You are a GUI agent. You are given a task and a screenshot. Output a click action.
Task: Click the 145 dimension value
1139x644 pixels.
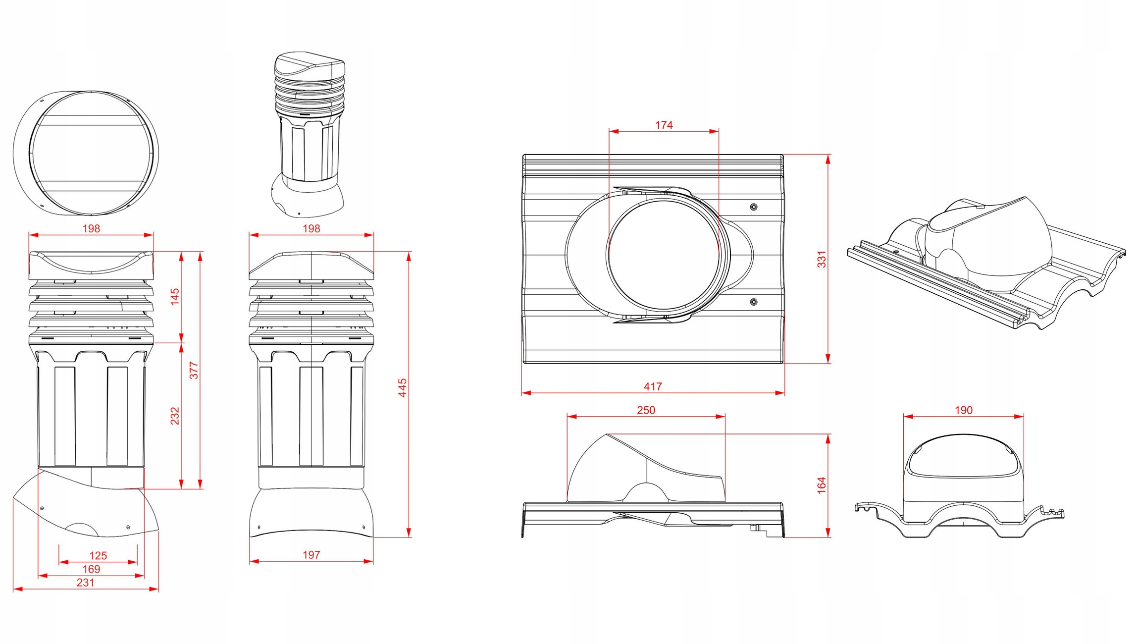click(x=175, y=296)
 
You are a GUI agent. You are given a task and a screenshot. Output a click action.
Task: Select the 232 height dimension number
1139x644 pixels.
click(x=175, y=416)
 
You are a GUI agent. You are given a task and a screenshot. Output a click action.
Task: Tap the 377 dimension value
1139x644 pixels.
click(x=194, y=371)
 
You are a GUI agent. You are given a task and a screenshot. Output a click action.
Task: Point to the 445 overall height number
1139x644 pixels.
click(x=403, y=387)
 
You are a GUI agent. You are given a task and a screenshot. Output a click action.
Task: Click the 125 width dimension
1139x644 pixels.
click(x=98, y=556)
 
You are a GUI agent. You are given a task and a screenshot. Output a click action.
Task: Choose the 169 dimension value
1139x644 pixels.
click(x=91, y=569)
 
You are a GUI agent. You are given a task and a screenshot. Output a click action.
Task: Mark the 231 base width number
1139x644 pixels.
click(x=85, y=583)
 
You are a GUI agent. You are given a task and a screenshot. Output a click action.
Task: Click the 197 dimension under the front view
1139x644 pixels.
click(x=311, y=555)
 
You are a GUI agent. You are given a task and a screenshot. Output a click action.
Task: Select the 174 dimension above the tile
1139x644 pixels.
click(x=664, y=125)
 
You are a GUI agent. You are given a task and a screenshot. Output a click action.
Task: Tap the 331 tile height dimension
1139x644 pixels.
click(x=822, y=259)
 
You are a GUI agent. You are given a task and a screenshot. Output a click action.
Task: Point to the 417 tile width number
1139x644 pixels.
click(x=653, y=386)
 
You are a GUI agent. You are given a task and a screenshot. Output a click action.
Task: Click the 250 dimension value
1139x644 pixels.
click(x=646, y=410)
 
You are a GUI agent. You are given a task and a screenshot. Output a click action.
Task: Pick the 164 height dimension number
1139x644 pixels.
click(x=822, y=485)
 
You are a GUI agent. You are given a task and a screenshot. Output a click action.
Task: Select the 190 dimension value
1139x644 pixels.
click(x=963, y=410)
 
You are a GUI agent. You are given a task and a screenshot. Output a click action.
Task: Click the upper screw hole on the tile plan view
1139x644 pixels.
click(x=754, y=207)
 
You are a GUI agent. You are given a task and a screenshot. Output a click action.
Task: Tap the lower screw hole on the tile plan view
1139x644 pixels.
click(x=754, y=302)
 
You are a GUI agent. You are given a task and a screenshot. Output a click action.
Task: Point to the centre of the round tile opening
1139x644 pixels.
click(x=664, y=254)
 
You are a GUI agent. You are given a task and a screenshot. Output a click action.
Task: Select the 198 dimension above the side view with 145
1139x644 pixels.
click(x=91, y=228)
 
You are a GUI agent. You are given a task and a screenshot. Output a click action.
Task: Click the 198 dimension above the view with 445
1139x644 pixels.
click(x=311, y=228)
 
